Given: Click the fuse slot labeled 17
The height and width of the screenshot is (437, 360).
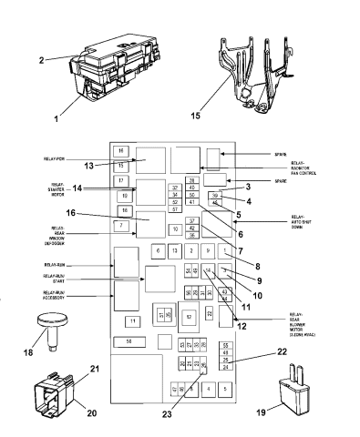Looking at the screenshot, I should tap(120, 181).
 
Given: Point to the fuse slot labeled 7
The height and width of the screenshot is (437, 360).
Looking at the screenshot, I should tap(120, 224).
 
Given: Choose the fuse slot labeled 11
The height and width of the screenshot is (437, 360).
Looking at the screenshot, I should tap(132, 320).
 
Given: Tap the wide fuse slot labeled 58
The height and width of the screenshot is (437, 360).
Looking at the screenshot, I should tap(129, 365).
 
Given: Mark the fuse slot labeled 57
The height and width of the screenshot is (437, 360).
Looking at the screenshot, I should tap(174, 209).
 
